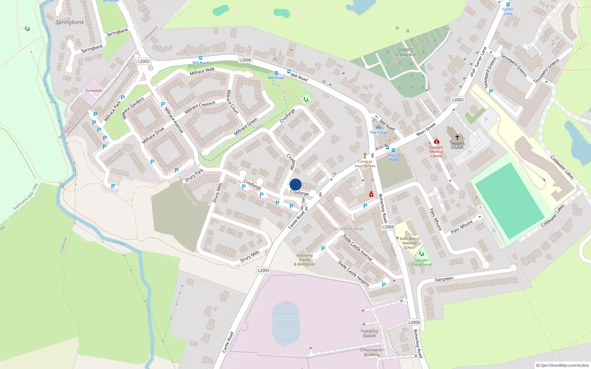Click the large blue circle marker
tap(295, 184)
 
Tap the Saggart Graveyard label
tap(405, 52)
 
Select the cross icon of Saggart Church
tap(457, 137)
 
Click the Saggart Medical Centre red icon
tap(436, 141)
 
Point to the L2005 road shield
tap(263, 270)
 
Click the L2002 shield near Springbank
tap(144, 61)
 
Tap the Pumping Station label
tap(369, 333)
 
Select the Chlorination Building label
tap(372, 352)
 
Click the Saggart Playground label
tap(421, 262)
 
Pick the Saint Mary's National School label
tap(409, 243)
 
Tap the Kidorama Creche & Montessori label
tap(305, 260)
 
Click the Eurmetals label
tap(93, 90)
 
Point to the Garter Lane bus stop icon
tap(508, 4)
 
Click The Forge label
tap(379, 132)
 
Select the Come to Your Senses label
tap(365, 163)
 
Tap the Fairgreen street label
tap(444, 279)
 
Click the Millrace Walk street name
tap(202, 71)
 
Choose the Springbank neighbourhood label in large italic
tap(70, 22)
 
